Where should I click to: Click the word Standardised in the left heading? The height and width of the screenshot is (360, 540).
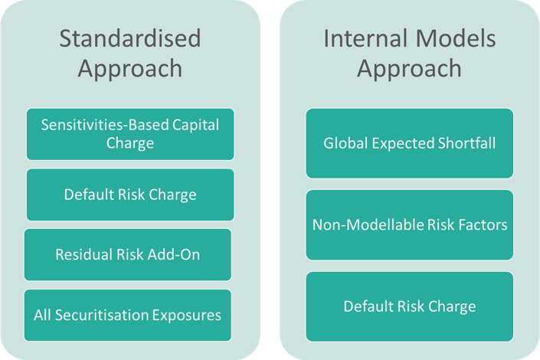tap(130, 38)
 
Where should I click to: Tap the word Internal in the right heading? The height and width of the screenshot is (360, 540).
tap(365, 38)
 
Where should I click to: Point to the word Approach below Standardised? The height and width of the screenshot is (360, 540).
tap(130, 69)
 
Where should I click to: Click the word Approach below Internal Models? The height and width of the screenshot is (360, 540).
tap(410, 69)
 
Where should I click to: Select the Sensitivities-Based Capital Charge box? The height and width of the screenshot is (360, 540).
tap(130, 134)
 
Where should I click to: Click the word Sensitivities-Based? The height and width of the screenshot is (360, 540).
tap(104, 125)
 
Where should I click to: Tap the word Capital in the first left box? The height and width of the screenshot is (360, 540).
tap(195, 126)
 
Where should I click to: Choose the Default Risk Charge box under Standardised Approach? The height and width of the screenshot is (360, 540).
tap(130, 195)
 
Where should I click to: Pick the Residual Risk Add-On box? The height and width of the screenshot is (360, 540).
tap(128, 254)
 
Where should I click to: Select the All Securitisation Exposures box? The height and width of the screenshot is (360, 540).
tap(128, 316)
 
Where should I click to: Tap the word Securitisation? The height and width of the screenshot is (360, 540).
tap(102, 316)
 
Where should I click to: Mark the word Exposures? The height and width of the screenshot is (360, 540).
tap(187, 316)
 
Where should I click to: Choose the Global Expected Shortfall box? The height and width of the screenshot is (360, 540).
tap(410, 143)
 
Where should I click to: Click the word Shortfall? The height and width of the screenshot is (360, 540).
tap(466, 143)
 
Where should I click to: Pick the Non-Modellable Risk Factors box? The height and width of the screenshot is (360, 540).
tap(410, 225)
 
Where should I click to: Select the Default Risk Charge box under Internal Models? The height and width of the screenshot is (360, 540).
tap(410, 306)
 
